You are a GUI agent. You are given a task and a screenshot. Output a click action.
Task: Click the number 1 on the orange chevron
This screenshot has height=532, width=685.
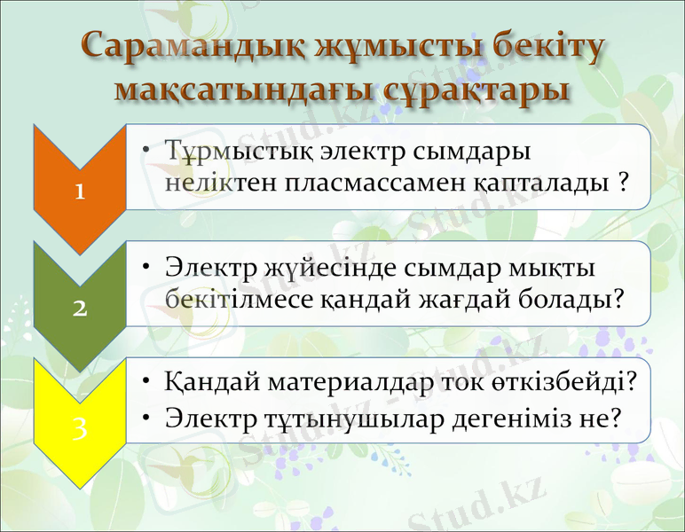tap(80, 191)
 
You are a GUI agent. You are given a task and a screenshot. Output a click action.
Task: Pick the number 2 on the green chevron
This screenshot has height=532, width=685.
tap(80, 308)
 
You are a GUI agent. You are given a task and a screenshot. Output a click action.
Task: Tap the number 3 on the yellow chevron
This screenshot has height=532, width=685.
tap(80, 428)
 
